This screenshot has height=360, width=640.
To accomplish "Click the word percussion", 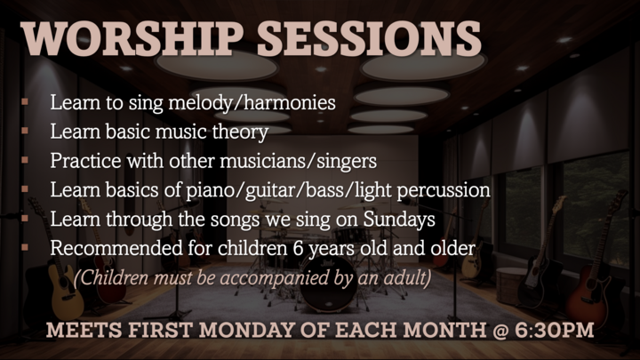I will [445, 191].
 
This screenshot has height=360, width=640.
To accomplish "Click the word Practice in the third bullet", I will [83, 163].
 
